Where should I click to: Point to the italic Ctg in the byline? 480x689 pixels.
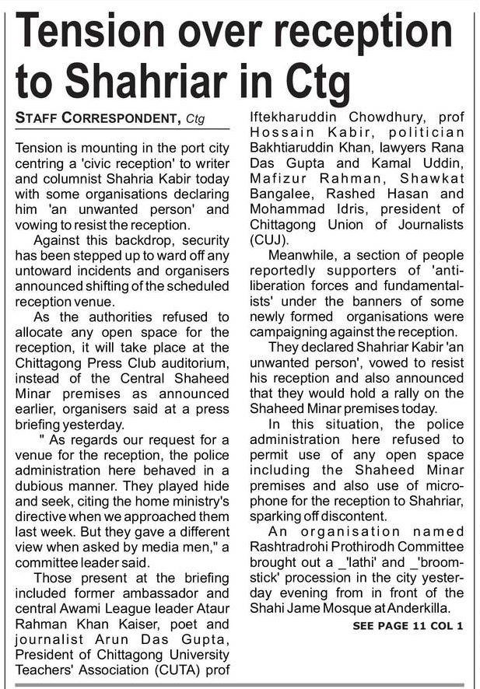(198, 120)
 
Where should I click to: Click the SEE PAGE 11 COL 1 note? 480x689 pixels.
(408, 625)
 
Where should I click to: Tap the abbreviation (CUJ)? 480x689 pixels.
(268, 240)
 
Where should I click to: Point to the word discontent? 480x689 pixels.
(372, 516)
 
